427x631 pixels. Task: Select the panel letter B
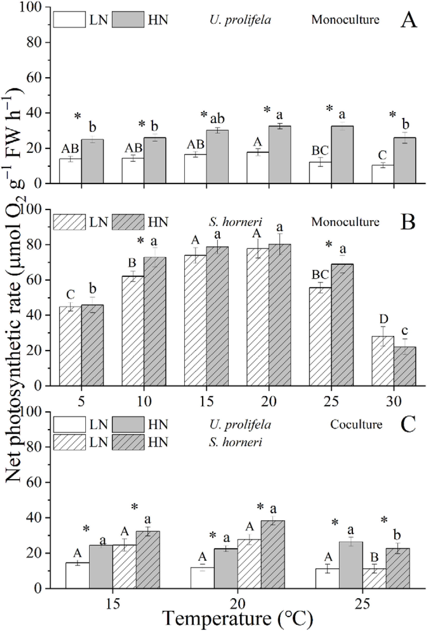408,222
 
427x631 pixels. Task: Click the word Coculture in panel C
356,424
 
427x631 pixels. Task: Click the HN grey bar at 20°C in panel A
280,155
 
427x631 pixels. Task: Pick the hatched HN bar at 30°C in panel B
405,366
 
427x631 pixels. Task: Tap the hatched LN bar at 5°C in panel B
70,346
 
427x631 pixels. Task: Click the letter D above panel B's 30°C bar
383,320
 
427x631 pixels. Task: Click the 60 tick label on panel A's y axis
35,78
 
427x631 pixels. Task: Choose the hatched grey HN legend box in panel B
128,222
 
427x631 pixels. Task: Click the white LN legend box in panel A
69,19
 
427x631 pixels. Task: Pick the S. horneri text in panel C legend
236,442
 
